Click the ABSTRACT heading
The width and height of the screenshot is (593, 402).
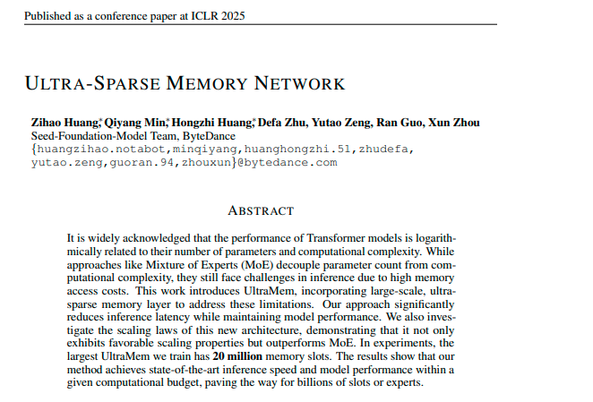click(x=261, y=210)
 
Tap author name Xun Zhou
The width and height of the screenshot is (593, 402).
click(x=456, y=123)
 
